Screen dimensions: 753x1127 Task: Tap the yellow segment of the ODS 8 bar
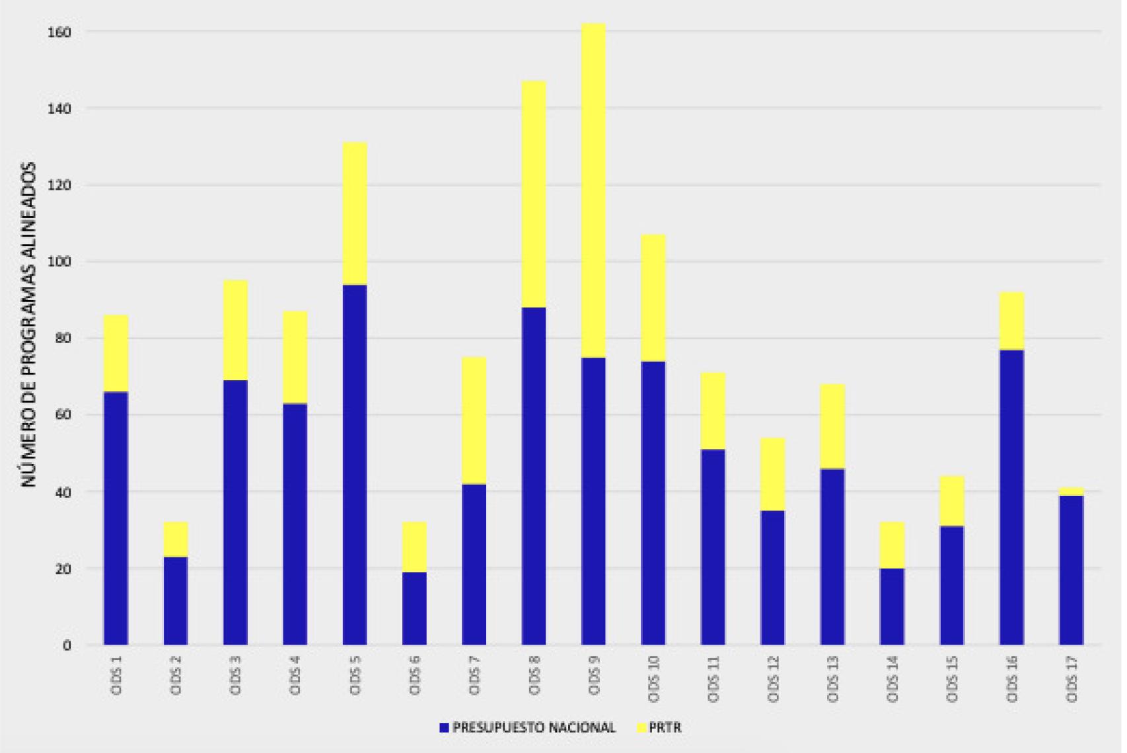[534, 194]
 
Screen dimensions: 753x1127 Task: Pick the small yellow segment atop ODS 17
[1071, 491]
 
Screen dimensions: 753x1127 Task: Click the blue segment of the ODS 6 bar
[414, 608]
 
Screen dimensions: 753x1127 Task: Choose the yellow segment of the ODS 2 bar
[176, 539]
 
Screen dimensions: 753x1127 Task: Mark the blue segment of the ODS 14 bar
[892, 606]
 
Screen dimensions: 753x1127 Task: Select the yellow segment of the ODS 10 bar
[653, 297]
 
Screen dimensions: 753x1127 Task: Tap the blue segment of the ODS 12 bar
[773, 577]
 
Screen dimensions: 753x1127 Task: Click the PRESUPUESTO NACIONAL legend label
[534, 728]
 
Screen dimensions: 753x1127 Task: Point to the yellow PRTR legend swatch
[641, 728]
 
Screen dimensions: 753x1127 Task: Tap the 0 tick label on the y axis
[67, 645]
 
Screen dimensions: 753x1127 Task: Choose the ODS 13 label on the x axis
[832, 679]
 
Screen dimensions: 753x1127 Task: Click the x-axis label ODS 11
[713, 679]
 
